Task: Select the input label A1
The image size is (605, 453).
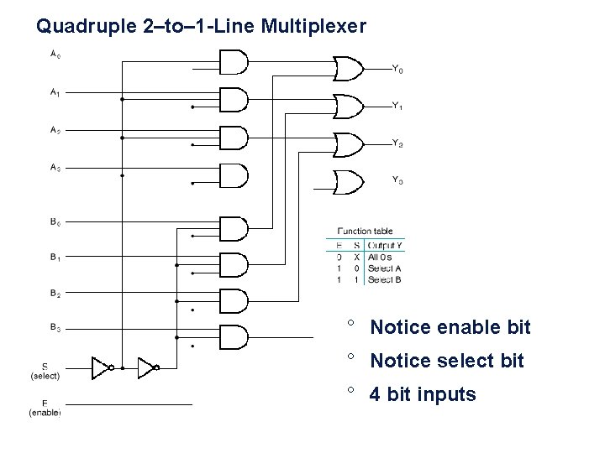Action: [x=54, y=93]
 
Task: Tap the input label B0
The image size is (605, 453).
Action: [x=54, y=222]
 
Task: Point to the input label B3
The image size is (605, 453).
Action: [x=54, y=329]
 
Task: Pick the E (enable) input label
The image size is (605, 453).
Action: [x=45, y=408]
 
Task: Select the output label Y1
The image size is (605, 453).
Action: [x=397, y=107]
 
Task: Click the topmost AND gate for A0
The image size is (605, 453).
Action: [x=233, y=62]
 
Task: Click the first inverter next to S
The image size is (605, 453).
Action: [x=102, y=367]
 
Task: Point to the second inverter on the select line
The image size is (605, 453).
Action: [x=148, y=367]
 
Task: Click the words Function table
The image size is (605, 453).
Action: [x=365, y=232]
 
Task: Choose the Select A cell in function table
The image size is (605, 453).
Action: [x=384, y=268]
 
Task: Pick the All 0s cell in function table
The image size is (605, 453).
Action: [x=381, y=257]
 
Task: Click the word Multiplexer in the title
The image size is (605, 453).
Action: [x=313, y=28]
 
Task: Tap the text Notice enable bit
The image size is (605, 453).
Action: [x=450, y=327]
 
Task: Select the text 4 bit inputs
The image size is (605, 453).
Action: [x=423, y=393]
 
